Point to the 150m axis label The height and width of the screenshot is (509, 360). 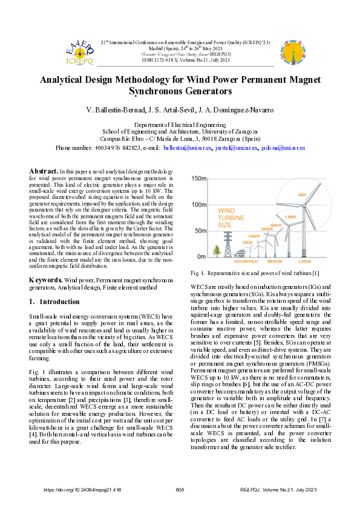[x=199, y=179]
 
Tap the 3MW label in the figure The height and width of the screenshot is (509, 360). [x=301, y=195]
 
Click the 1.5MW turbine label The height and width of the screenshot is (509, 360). [x=290, y=216]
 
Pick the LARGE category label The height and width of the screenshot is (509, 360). [x=305, y=261]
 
